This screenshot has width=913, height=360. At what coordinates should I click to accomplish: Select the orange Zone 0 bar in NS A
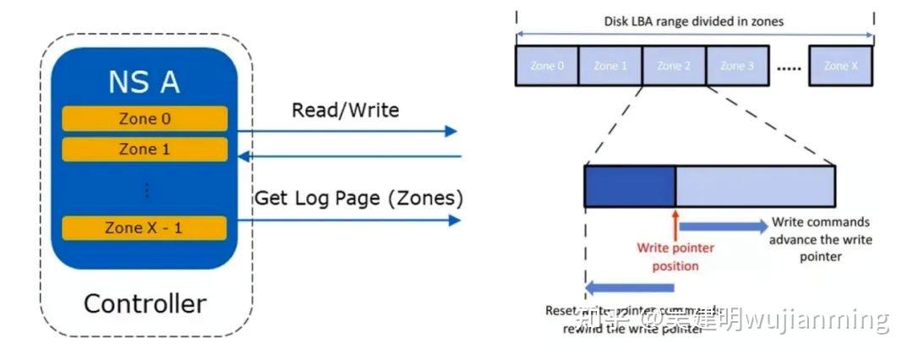[144, 118]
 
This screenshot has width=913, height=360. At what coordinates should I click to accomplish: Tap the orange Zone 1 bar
[144, 150]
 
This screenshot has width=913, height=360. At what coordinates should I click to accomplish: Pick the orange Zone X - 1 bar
[144, 228]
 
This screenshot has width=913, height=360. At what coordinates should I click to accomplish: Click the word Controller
[145, 303]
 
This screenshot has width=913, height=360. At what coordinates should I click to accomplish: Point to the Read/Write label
[345, 110]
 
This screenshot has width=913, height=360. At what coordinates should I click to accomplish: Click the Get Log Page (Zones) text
[358, 199]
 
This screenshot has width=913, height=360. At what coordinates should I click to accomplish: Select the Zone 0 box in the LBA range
[547, 66]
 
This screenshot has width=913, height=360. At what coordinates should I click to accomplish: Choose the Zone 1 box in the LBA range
[610, 66]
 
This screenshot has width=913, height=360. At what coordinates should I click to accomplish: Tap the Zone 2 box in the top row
[673, 66]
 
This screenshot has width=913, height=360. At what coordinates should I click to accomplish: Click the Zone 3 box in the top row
[736, 66]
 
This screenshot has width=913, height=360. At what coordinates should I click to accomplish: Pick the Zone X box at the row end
[840, 66]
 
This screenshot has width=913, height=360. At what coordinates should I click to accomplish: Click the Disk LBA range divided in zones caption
[694, 21]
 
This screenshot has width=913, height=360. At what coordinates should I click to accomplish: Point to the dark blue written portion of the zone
[630, 187]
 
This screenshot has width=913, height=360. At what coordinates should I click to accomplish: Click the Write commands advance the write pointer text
[820, 239]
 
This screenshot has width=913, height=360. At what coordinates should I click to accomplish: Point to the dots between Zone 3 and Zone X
[788, 68]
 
